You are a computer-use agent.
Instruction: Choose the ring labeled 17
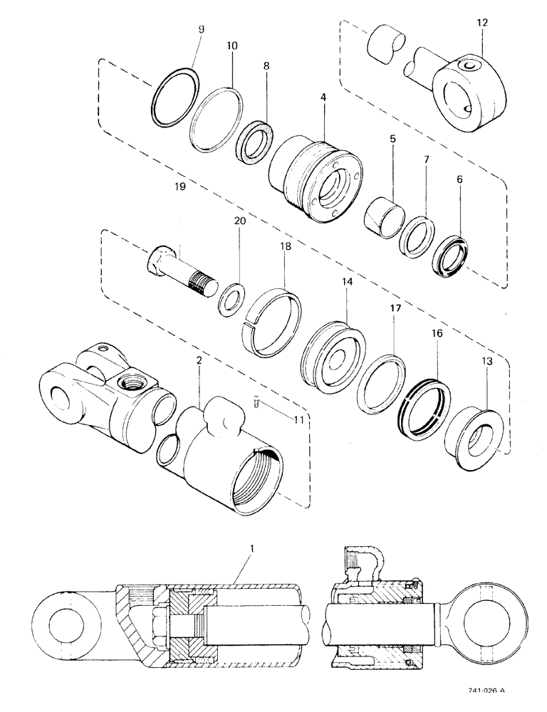pyautogui.click(x=381, y=382)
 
